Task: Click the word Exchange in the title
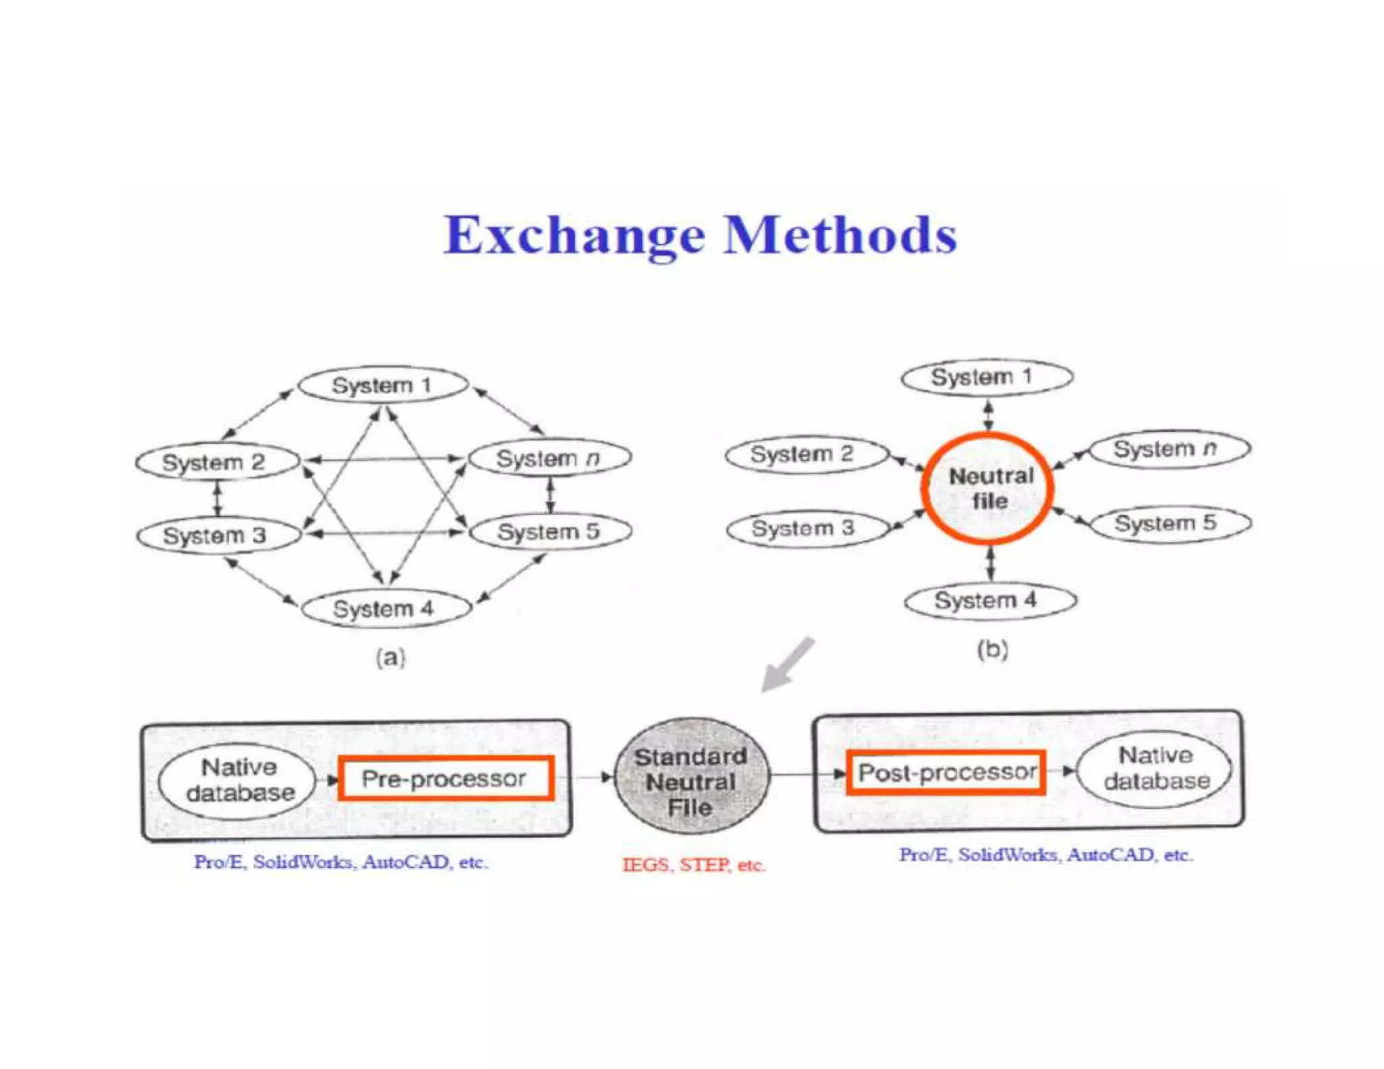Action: click(x=574, y=236)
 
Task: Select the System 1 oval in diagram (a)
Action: click(x=382, y=385)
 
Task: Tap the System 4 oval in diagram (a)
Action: click(x=385, y=608)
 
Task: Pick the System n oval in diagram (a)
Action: click(x=549, y=458)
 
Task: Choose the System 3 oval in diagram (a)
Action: click(x=218, y=535)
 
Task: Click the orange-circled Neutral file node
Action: click(x=989, y=488)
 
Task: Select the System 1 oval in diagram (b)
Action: click(x=986, y=377)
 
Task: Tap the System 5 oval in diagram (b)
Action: click(x=1170, y=523)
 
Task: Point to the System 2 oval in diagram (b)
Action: click(x=806, y=454)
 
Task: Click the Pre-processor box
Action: click(x=445, y=778)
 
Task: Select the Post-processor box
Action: click(x=945, y=772)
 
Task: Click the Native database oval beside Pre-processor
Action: click(x=238, y=780)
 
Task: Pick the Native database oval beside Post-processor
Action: click(x=1155, y=769)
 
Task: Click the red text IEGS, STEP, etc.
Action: click(x=693, y=865)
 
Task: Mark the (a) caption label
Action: click(x=391, y=657)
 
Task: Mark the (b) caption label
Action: click(x=992, y=649)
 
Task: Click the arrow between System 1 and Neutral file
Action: click(x=988, y=414)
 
